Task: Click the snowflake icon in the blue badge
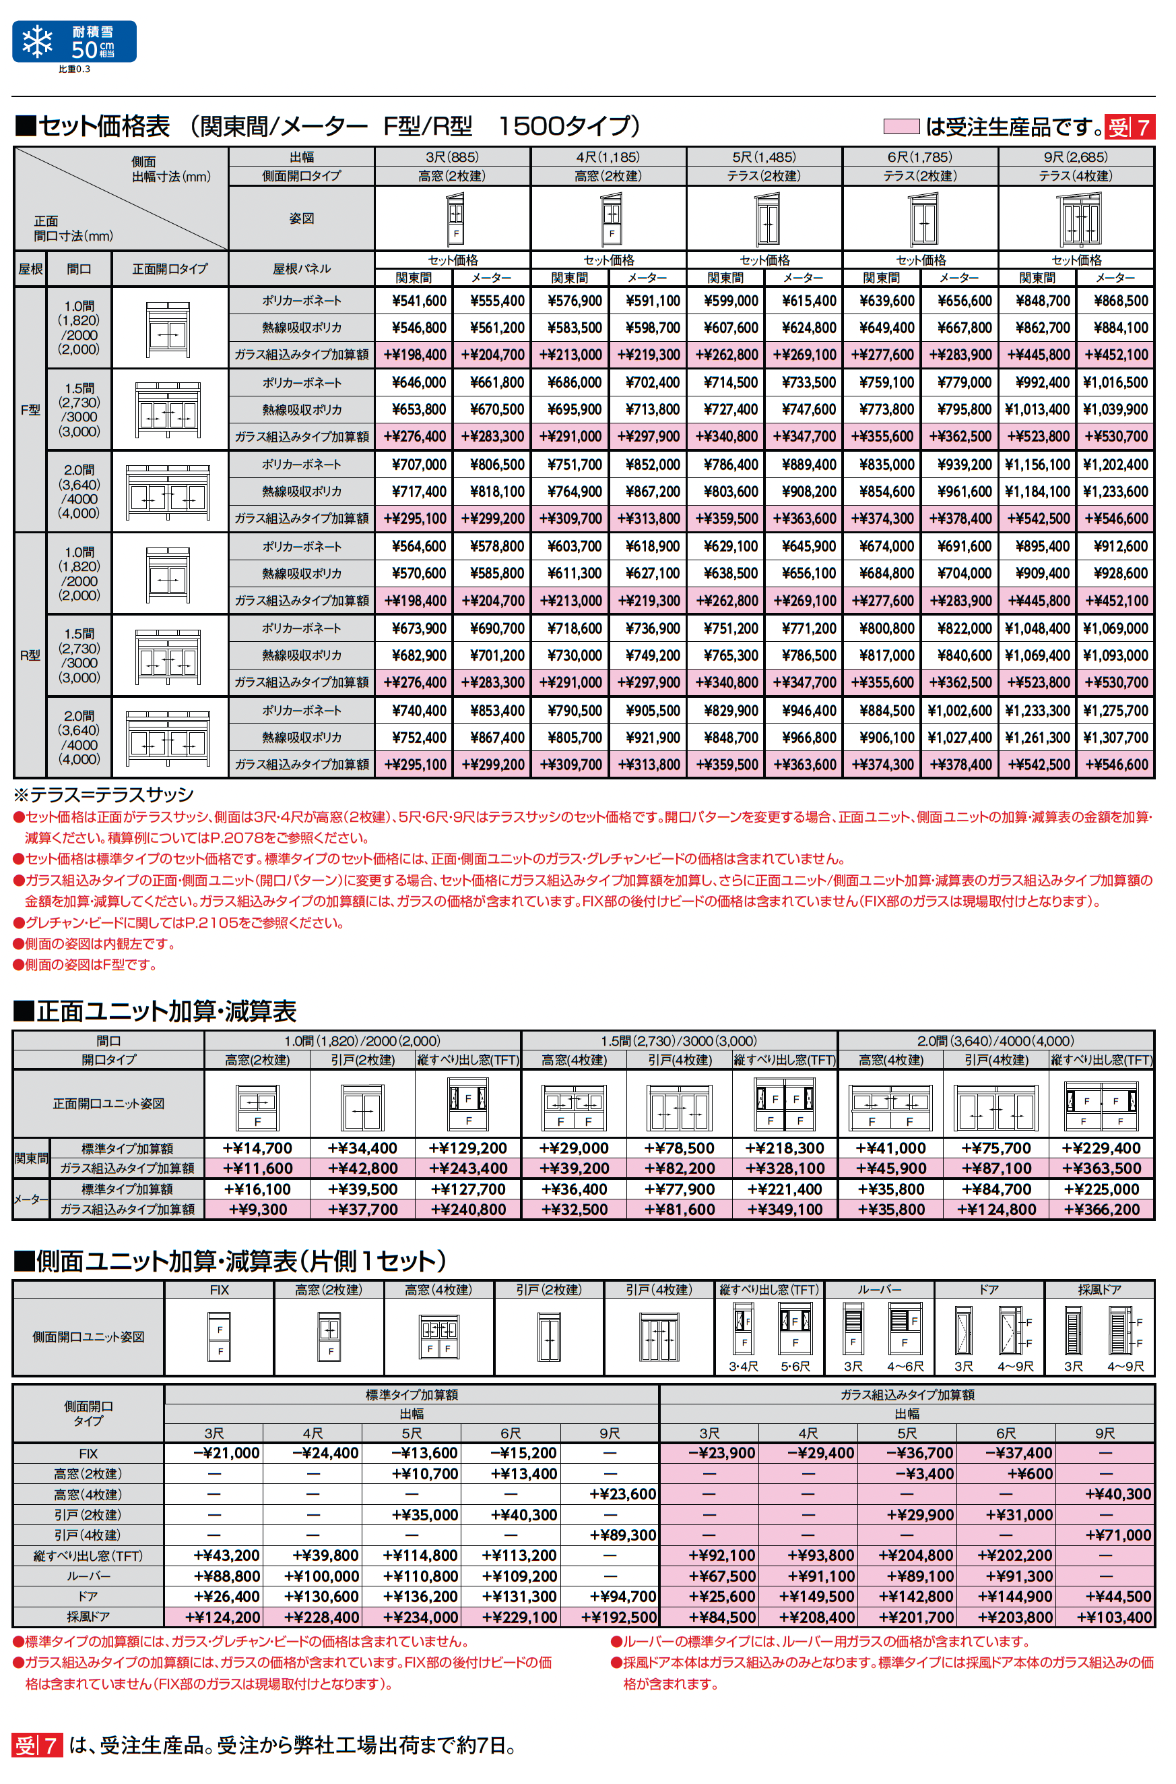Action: [x=37, y=41]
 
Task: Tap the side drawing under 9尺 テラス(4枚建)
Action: [x=1079, y=218]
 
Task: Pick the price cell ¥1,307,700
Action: [x=1115, y=738]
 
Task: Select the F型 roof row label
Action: [x=30, y=410]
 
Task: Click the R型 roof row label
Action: [x=30, y=655]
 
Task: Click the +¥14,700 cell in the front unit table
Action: [x=257, y=1148]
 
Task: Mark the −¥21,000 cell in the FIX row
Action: [x=226, y=1453]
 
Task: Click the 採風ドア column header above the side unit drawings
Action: [x=1099, y=1289]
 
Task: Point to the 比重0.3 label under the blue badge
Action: [x=74, y=69]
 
